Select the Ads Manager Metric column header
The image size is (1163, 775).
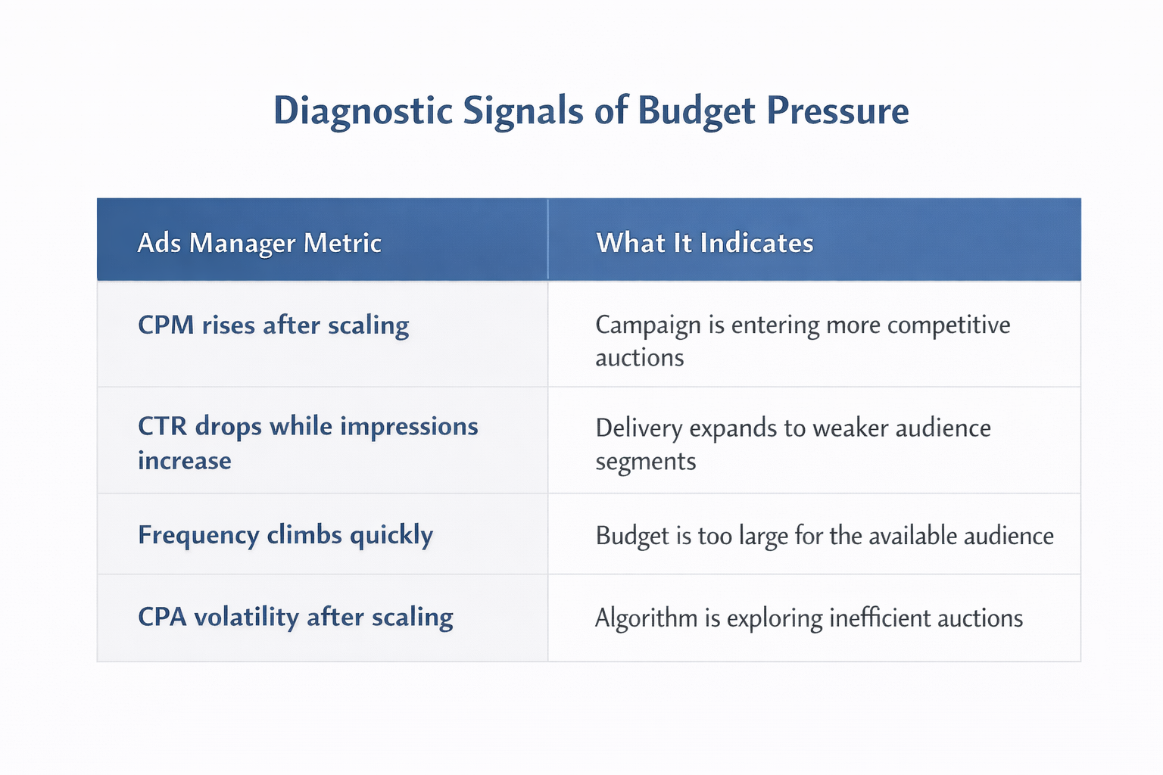(259, 243)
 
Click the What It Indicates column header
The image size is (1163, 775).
(704, 243)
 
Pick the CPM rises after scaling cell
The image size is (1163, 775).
(273, 325)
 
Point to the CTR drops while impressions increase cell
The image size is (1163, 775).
(307, 443)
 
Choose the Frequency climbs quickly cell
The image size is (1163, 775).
(285, 535)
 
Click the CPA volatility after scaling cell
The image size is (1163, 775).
(295, 617)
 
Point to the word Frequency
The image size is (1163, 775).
(198, 535)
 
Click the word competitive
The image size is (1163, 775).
(948, 325)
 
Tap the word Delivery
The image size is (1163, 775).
(639, 428)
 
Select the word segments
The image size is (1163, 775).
(645, 461)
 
